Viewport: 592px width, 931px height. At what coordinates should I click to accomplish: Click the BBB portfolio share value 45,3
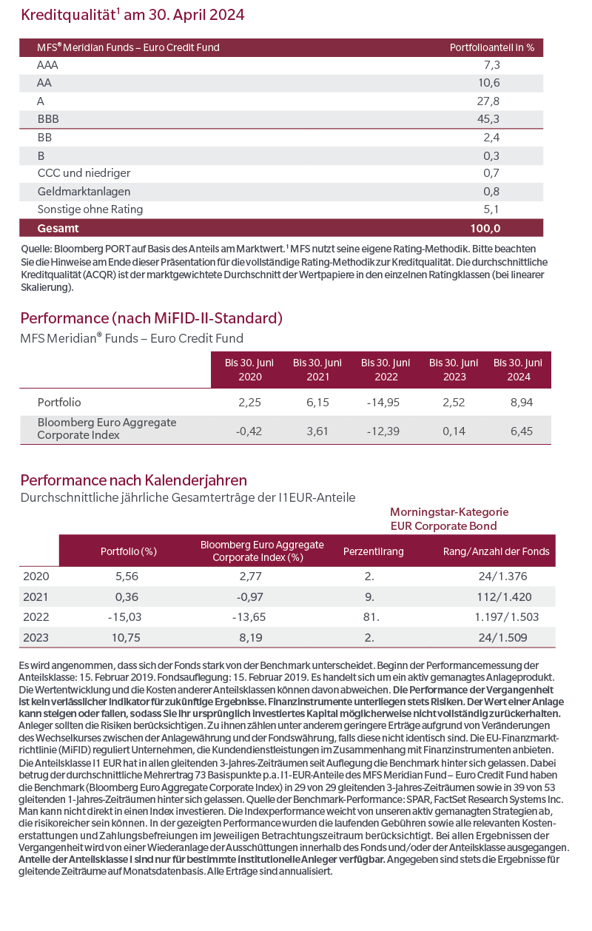(488, 119)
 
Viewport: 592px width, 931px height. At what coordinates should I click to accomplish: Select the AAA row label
(47, 65)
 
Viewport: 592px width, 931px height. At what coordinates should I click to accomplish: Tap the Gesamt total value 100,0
(485, 228)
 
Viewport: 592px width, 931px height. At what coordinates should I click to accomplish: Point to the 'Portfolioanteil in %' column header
(492, 48)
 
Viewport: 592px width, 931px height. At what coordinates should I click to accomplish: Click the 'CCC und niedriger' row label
(84, 173)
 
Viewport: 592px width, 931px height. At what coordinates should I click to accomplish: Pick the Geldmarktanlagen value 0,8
(491, 192)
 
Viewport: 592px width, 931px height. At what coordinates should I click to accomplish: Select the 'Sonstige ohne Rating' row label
(90, 209)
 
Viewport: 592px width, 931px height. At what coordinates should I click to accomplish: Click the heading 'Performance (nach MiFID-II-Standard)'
(151, 318)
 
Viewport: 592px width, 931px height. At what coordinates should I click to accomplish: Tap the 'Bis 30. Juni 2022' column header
(386, 370)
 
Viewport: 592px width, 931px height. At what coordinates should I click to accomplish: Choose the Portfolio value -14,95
(383, 403)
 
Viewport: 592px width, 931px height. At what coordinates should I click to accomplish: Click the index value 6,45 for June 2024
(521, 431)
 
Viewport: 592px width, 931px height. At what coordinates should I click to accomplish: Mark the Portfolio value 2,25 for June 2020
(249, 403)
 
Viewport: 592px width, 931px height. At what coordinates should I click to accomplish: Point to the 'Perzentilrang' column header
(373, 551)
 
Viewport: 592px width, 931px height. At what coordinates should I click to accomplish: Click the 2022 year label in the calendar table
(36, 616)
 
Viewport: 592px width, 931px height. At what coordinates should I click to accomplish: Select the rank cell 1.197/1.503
(506, 616)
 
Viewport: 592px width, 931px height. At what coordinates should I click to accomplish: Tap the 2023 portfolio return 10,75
(126, 638)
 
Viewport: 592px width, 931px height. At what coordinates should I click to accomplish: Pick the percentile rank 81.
(371, 616)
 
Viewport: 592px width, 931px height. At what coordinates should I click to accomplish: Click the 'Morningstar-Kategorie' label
(449, 512)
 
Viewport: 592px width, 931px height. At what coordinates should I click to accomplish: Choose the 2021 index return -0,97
(250, 597)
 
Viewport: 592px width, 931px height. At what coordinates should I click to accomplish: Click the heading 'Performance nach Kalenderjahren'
(133, 480)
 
